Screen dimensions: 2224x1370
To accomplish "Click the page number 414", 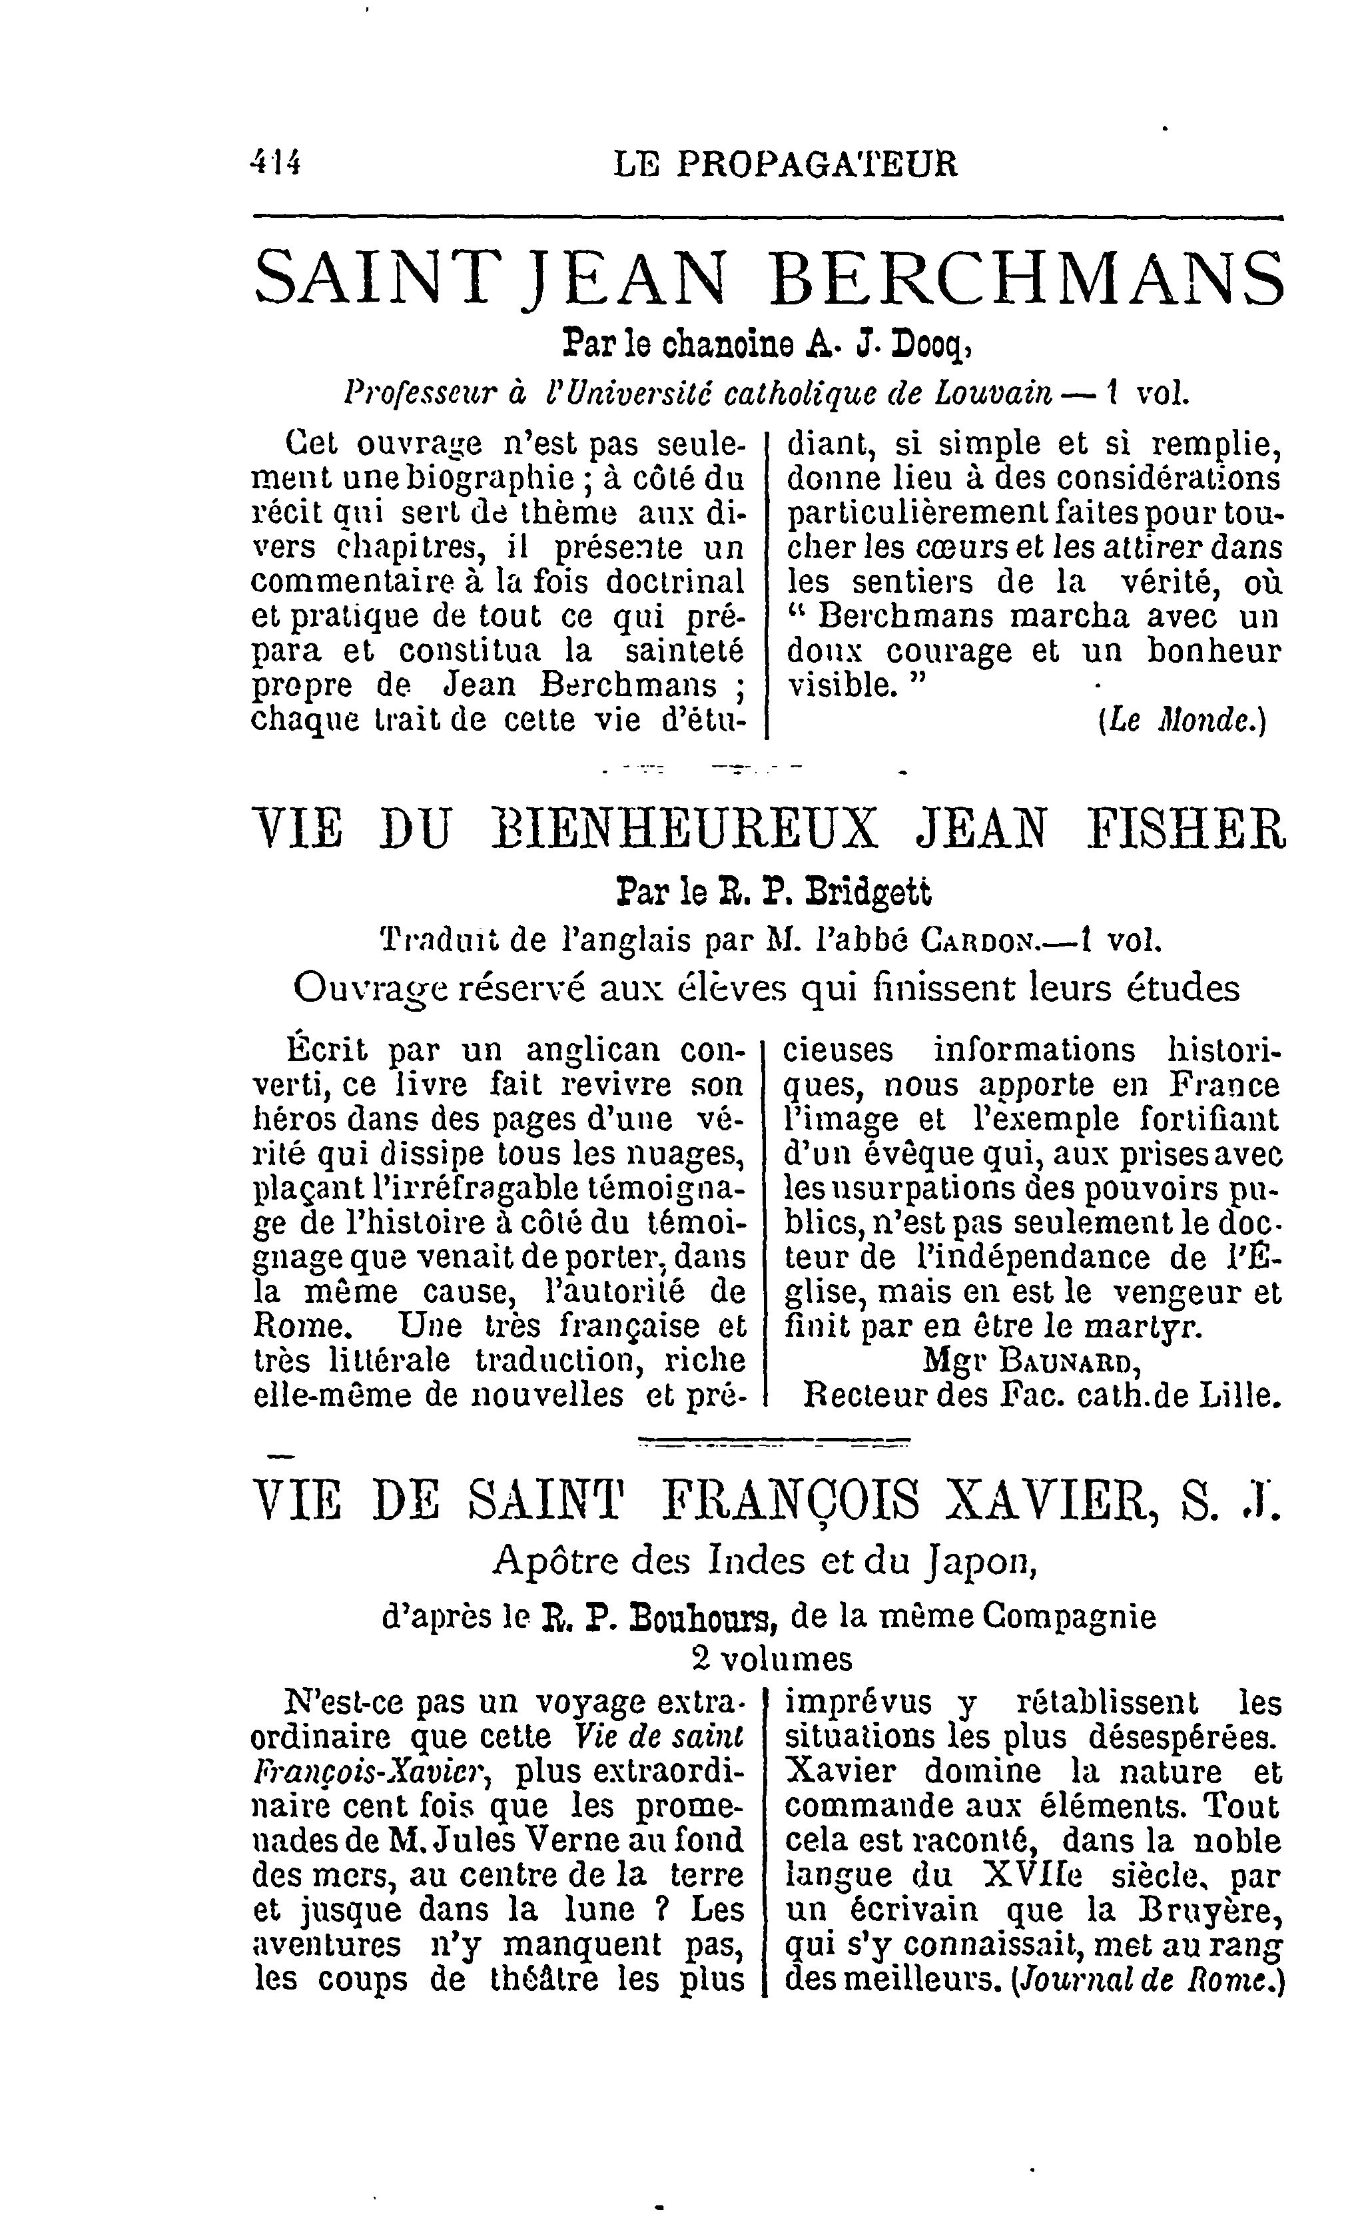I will coord(277,164).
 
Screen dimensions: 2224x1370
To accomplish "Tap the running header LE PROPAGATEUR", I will coord(785,164).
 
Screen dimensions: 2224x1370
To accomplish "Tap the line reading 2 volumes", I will coord(772,1659).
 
